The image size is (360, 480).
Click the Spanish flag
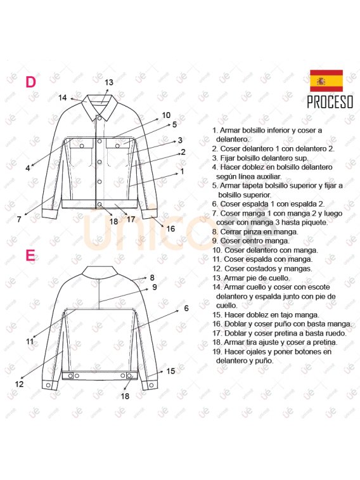tap(326, 81)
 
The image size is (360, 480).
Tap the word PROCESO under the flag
tap(330, 102)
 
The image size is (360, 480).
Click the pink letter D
tap(30, 82)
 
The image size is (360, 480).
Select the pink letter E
tap(30, 256)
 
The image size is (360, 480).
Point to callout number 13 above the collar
tap(109, 82)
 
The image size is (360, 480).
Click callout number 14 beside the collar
tap(62, 98)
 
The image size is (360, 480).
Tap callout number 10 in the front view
tap(166, 115)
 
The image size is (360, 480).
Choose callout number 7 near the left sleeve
tap(19, 219)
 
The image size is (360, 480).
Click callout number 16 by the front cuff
tap(170, 229)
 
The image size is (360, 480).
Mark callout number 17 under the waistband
tap(131, 219)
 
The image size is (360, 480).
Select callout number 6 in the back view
tap(186, 308)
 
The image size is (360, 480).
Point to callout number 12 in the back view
tap(19, 384)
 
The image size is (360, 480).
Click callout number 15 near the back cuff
tap(170, 371)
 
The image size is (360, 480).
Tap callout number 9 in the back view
tap(155, 287)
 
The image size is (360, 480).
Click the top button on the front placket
tap(100, 117)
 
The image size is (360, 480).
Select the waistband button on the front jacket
tap(100, 204)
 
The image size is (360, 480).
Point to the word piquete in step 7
tap(314, 223)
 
